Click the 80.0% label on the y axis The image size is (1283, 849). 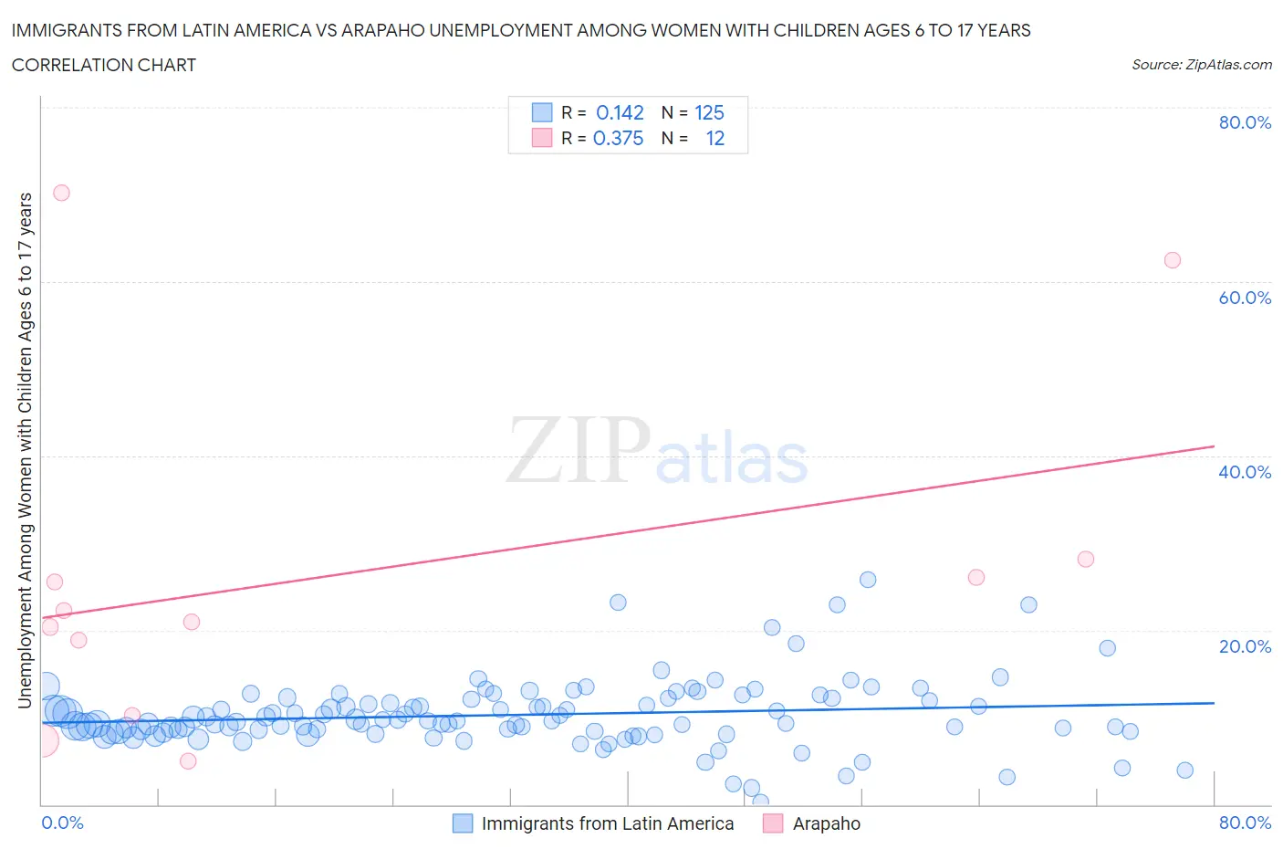point(1245,122)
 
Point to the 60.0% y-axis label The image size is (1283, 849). point(1245,298)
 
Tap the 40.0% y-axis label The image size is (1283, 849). point(1245,472)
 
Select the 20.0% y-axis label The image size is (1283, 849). point(1245,646)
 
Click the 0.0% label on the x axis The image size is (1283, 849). point(62,823)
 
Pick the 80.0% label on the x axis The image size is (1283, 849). point(1245,823)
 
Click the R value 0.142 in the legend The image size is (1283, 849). point(620,112)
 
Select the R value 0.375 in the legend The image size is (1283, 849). point(618,138)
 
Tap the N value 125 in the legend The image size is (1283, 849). point(709,112)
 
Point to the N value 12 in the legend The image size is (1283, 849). point(715,138)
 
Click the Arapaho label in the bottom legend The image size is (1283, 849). point(826,823)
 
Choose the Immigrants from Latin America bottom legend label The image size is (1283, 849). point(607,823)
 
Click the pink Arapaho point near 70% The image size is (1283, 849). point(61,193)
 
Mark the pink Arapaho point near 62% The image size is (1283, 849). point(1173,260)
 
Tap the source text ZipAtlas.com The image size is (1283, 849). point(1201,64)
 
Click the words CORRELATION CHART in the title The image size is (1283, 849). point(103,65)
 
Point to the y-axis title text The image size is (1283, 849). point(25,451)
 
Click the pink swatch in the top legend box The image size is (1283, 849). point(542,138)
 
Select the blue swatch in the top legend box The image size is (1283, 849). point(542,112)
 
